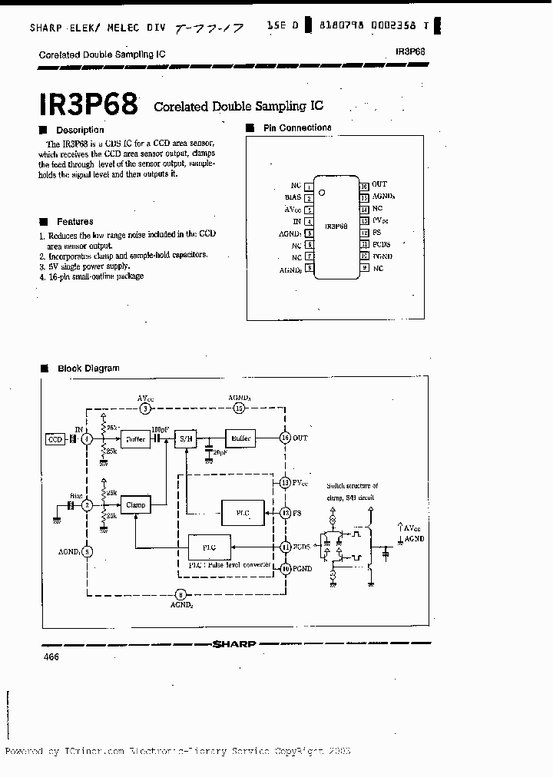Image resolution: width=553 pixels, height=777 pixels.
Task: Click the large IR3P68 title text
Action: coord(87,104)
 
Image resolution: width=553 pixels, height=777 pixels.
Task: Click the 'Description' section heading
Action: coord(79,130)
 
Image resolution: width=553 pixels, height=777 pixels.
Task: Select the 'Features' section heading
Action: coord(75,222)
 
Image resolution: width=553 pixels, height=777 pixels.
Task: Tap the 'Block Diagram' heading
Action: coord(88,369)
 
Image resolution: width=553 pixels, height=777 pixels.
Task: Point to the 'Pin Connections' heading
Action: coord(296,128)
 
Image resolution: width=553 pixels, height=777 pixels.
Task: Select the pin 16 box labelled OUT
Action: coord(364,185)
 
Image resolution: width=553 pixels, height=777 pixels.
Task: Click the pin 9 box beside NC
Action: coord(364,268)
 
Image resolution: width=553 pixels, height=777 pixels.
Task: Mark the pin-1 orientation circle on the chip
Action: coord(323,192)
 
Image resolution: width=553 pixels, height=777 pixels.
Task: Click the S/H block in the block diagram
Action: coord(185,438)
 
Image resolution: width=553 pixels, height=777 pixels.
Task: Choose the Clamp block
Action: coord(135,504)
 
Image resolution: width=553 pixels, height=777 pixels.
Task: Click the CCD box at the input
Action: coord(55,439)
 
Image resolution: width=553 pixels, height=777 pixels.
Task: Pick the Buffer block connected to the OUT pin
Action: coord(238,438)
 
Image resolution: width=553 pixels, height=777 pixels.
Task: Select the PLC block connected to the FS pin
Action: coord(243,512)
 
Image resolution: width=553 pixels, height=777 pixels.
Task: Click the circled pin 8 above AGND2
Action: coord(180,593)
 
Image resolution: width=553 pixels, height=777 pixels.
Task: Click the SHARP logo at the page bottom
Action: coord(234,644)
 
